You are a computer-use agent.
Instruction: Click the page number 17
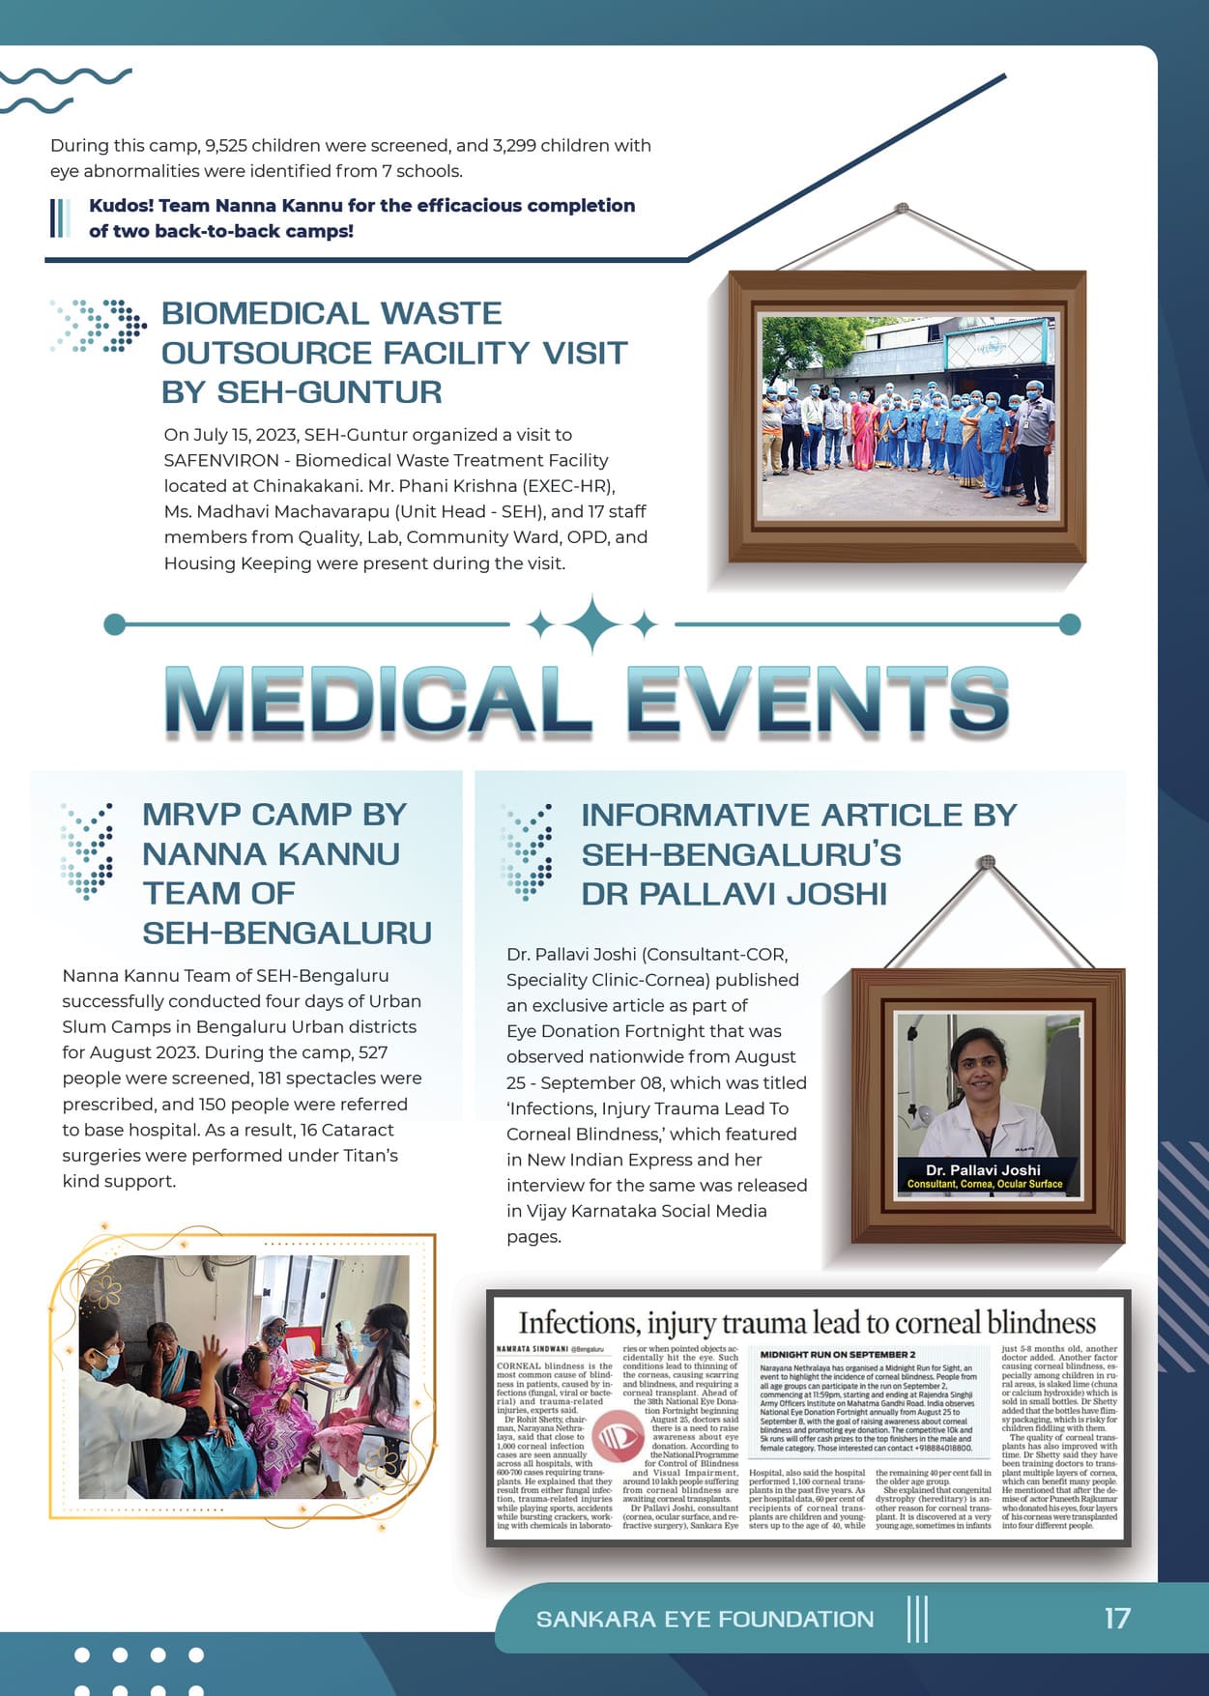(1117, 1619)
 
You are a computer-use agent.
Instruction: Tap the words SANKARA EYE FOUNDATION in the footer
(705, 1619)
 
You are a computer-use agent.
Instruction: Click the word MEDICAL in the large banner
(377, 700)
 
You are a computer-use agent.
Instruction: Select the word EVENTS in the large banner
(818, 700)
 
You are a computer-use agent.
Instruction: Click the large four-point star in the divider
(592, 624)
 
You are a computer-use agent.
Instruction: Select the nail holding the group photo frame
(902, 209)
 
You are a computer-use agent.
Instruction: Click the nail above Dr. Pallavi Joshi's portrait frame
(986, 861)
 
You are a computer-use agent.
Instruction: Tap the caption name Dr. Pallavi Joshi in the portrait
(983, 1169)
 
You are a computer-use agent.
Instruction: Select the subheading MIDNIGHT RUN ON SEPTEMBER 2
(837, 1355)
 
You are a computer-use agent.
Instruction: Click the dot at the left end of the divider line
(114, 624)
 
